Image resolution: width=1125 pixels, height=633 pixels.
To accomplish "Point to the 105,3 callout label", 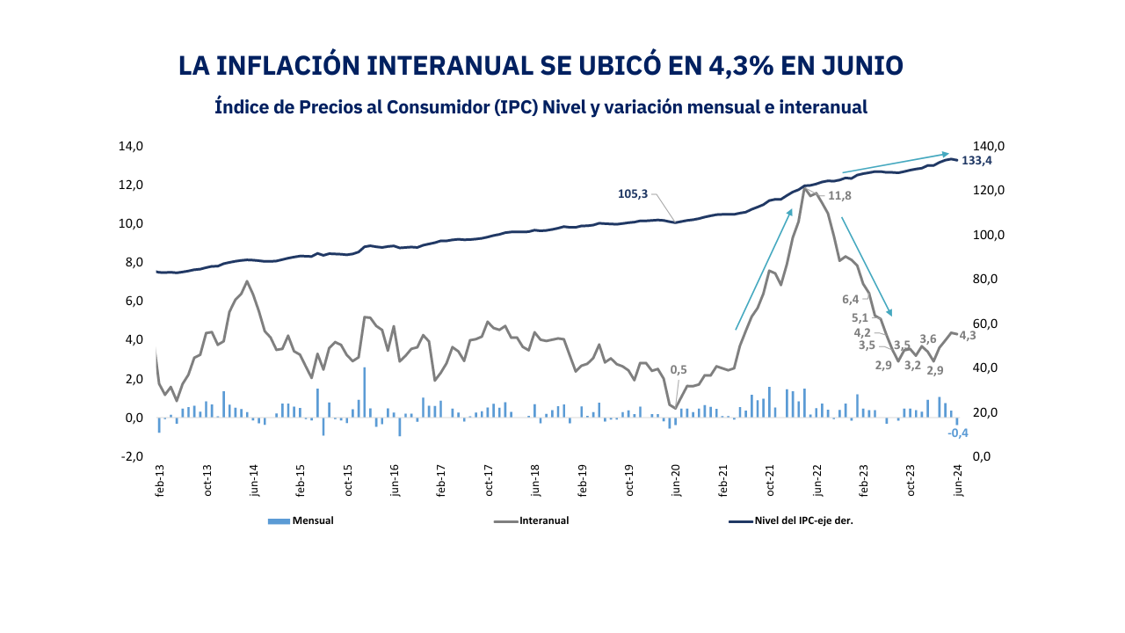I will (x=633, y=193).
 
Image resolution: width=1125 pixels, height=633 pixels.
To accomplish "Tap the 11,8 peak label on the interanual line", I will (x=840, y=195).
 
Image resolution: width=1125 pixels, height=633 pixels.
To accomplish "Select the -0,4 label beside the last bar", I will (x=958, y=433).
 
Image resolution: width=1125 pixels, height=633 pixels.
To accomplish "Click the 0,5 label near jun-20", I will (x=679, y=370).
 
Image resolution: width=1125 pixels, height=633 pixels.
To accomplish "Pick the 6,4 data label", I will (x=851, y=299).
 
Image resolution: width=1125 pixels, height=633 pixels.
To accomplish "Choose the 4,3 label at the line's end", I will (x=968, y=335).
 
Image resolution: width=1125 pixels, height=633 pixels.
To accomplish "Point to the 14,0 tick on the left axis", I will (x=131, y=146).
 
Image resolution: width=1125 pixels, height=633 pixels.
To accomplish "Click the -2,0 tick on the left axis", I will (x=131, y=456).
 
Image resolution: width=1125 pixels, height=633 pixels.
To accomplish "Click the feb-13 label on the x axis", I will (x=160, y=482).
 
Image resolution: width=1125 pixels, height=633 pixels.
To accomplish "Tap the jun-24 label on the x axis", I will (x=959, y=482).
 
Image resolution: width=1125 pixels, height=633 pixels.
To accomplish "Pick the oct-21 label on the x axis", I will (x=771, y=482).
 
